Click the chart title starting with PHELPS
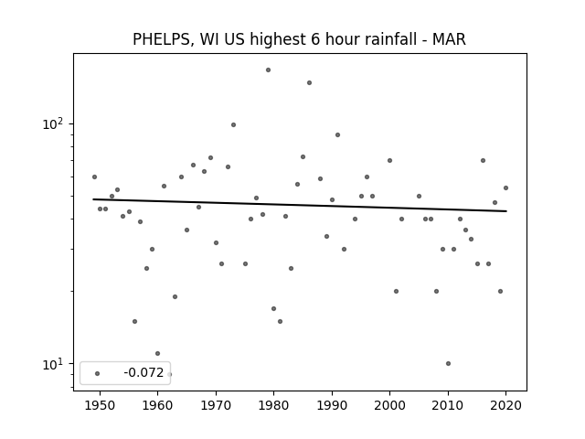pos(299,39)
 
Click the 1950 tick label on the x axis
pos(100,406)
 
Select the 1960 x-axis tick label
pos(158,406)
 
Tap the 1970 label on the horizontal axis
pos(216,406)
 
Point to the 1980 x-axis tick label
pos(274,406)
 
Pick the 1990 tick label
pos(332,406)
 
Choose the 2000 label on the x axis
pos(390,406)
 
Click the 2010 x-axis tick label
pos(448,406)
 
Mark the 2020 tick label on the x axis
pos(505,406)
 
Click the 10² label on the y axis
pos(53,123)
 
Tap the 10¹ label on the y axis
pos(53,364)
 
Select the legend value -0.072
pos(144,372)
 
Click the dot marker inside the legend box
pos(98,373)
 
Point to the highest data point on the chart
pos(268,70)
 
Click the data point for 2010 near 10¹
pos(448,364)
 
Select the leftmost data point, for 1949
pos(94,177)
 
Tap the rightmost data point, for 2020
pos(505,187)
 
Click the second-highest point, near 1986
pos(309,83)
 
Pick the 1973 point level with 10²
pos(233,124)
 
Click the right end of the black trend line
pos(506,211)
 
